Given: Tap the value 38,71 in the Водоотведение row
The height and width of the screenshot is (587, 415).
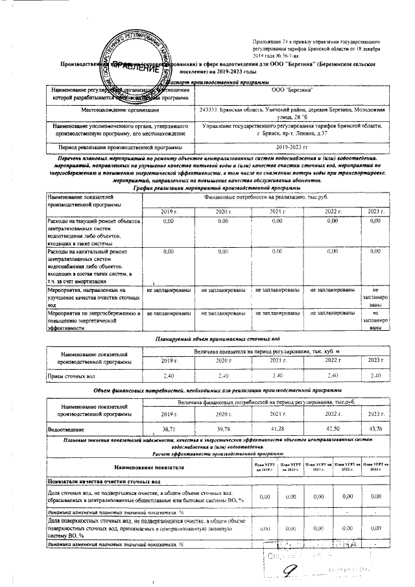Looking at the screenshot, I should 169,429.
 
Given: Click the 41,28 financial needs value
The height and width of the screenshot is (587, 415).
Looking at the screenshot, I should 278,429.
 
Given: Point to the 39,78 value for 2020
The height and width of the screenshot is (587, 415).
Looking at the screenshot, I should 223,429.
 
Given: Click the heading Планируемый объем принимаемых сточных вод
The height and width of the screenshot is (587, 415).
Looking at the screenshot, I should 217,339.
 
